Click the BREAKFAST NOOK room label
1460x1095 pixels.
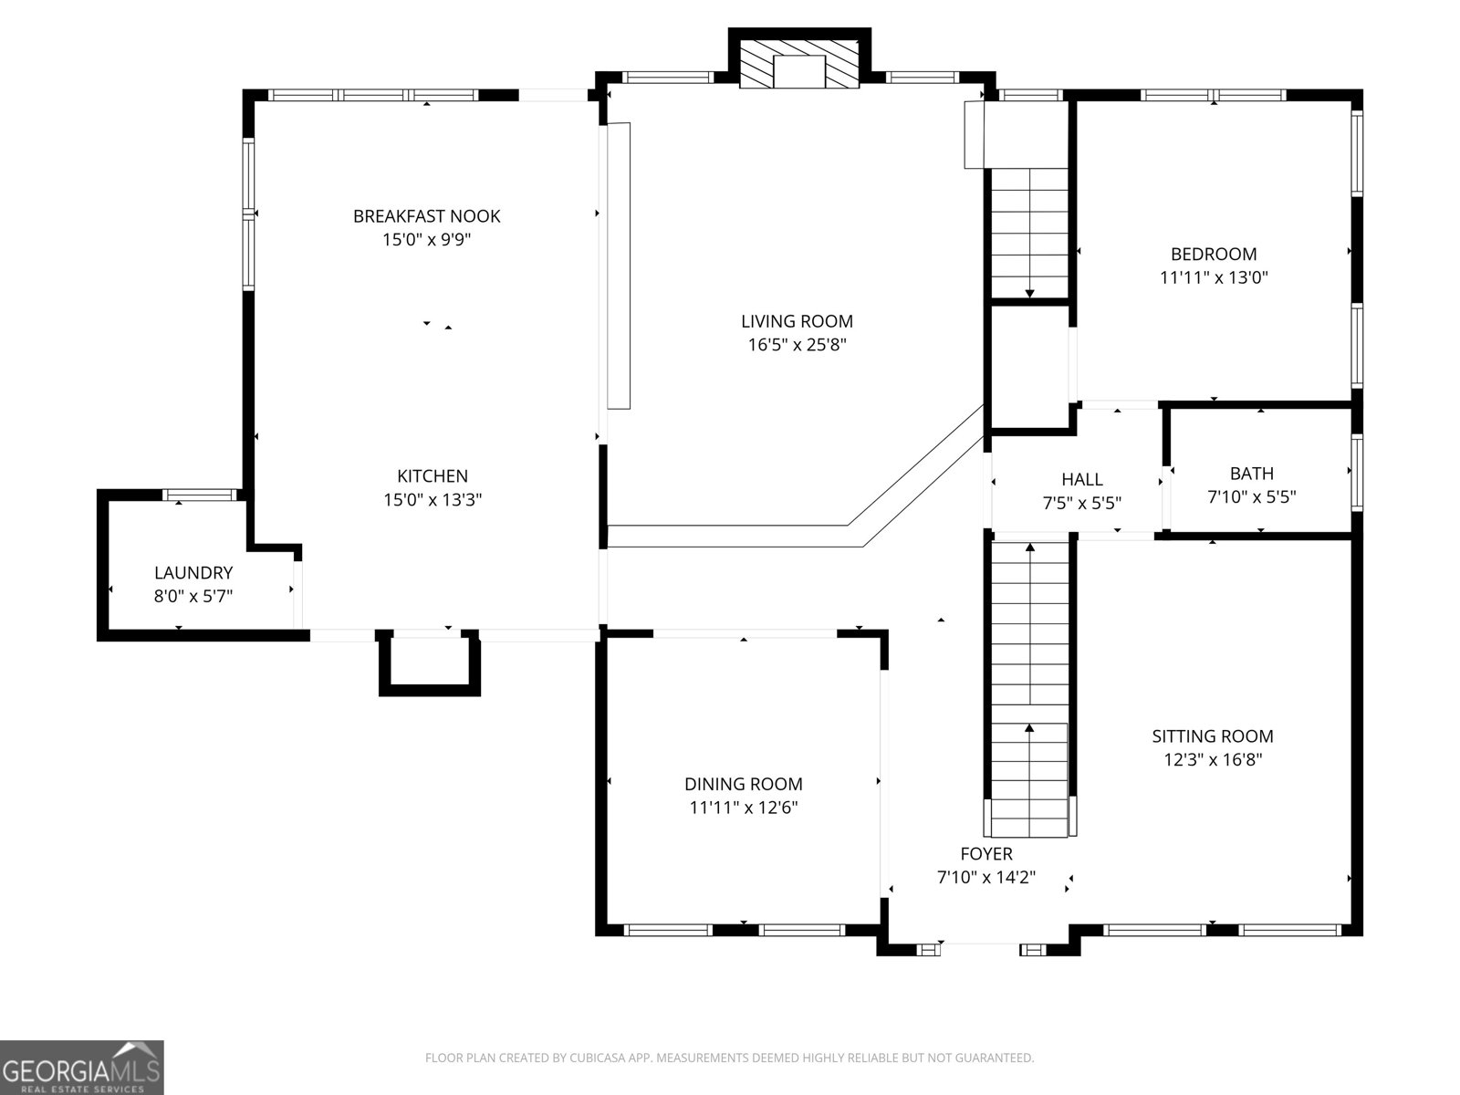pyautogui.click(x=426, y=216)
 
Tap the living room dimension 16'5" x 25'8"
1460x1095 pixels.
pyautogui.click(x=797, y=344)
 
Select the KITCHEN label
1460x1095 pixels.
pyautogui.click(x=433, y=476)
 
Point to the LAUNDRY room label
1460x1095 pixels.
pyautogui.click(x=193, y=572)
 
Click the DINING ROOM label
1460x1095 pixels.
pyautogui.click(x=744, y=784)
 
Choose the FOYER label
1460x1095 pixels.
pyautogui.click(x=986, y=854)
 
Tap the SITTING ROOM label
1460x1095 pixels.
pyautogui.click(x=1213, y=736)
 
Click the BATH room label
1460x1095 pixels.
pyautogui.click(x=1252, y=474)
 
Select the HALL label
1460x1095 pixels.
pyautogui.click(x=1082, y=479)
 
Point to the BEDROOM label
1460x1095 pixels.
pyautogui.click(x=1214, y=254)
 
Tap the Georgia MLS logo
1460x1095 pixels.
pyautogui.click(x=82, y=1067)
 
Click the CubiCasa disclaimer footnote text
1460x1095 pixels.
pyautogui.click(x=730, y=1057)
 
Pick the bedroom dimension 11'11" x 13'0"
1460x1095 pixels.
pyautogui.click(x=1214, y=277)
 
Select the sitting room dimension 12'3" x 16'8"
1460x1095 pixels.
pyautogui.click(x=1213, y=759)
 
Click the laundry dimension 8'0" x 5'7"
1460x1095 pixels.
pyautogui.click(x=193, y=596)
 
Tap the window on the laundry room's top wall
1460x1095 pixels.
pyautogui.click(x=200, y=495)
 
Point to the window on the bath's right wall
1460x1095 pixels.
pyautogui.click(x=1357, y=473)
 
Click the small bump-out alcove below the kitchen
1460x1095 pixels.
pyautogui.click(x=430, y=662)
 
